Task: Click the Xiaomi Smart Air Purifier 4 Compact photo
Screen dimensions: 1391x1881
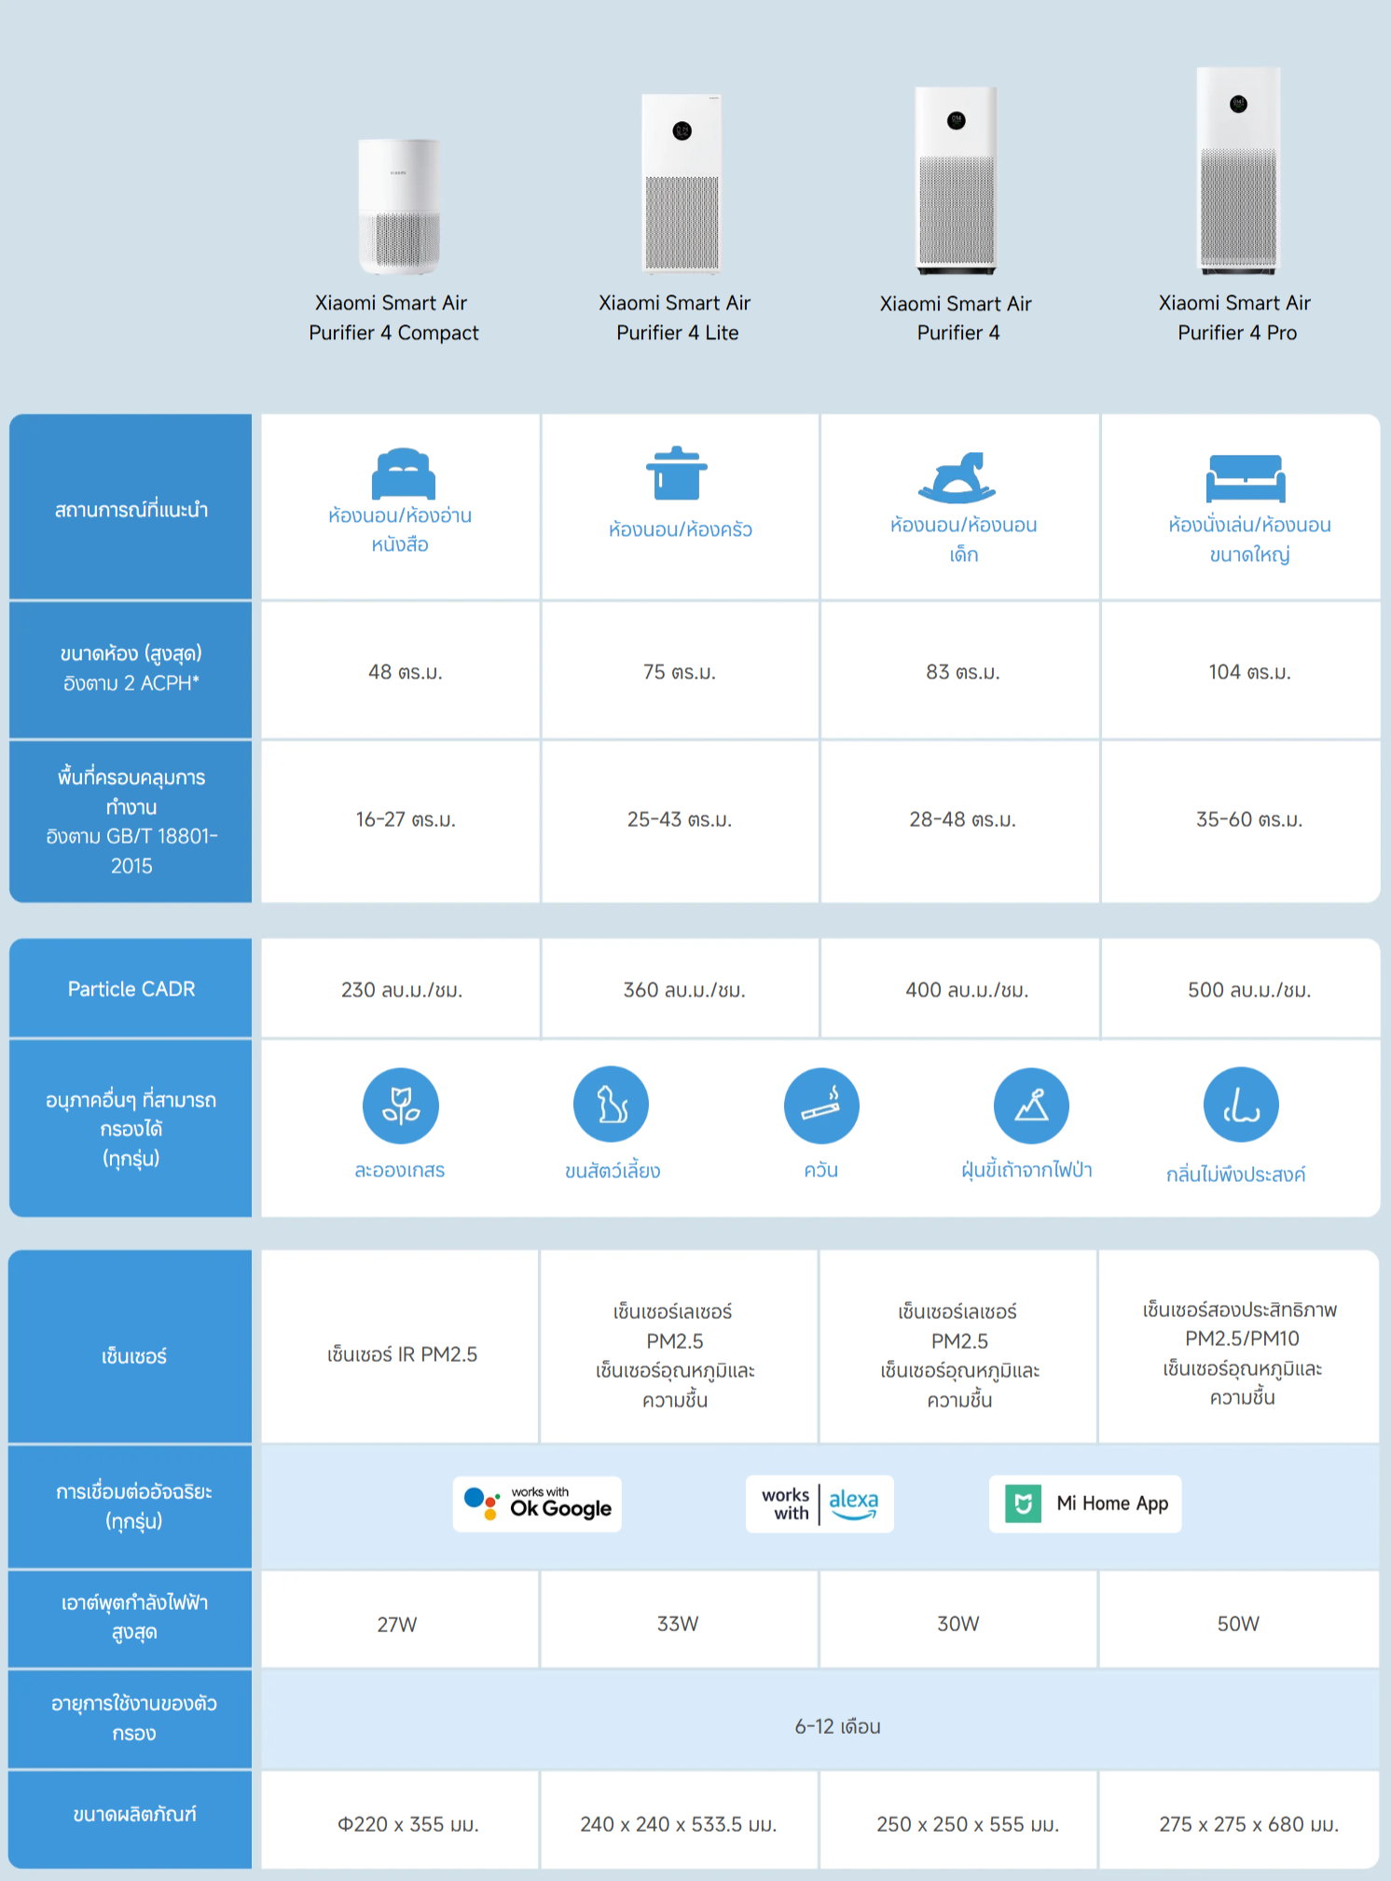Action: (399, 206)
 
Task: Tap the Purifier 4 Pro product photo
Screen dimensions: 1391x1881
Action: (1238, 171)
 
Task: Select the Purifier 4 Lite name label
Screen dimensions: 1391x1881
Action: (678, 318)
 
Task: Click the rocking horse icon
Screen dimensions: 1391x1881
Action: (957, 477)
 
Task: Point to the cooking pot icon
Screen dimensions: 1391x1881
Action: (677, 474)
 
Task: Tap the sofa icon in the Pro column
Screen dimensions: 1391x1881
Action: (1246, 478)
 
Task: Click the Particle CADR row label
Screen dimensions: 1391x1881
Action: (131, 988)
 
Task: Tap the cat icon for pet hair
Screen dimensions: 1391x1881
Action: (611, 1105)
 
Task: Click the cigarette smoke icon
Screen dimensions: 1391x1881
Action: (821, 1105)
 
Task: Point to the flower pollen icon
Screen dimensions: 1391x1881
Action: (401, 1105)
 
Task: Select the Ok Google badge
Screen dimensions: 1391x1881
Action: (537, 1503)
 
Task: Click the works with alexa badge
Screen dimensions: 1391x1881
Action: (819, 1503)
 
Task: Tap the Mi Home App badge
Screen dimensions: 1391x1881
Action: (1085, 1503)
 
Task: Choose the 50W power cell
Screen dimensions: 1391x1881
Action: (1239, 1622)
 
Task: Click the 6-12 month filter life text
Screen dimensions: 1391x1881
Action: (837, 1726)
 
